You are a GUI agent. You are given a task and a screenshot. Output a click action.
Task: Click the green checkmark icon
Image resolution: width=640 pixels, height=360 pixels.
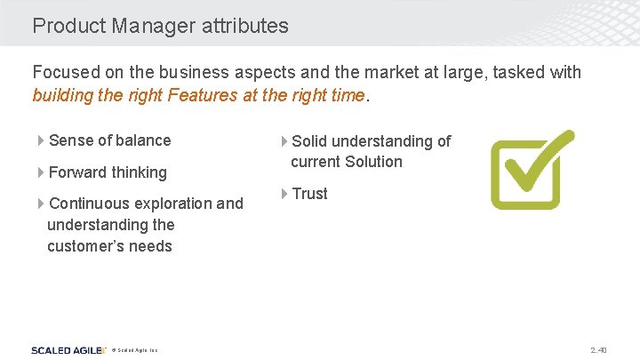(532, 169)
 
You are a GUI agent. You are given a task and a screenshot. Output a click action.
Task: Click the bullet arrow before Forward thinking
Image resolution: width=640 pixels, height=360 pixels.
(41, 172)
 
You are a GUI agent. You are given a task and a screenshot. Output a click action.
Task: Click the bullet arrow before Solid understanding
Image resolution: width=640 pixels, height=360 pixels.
(284, 141)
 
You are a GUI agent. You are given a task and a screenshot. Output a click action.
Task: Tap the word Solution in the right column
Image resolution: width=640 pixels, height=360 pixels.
(373, 162)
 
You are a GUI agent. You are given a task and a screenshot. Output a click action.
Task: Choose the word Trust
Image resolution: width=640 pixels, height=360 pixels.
(309, 194)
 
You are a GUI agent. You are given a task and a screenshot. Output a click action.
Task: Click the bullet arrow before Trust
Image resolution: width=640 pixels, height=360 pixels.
(284, 194)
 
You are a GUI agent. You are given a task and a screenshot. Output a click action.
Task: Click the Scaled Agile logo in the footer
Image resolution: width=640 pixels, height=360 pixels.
(66, 350)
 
